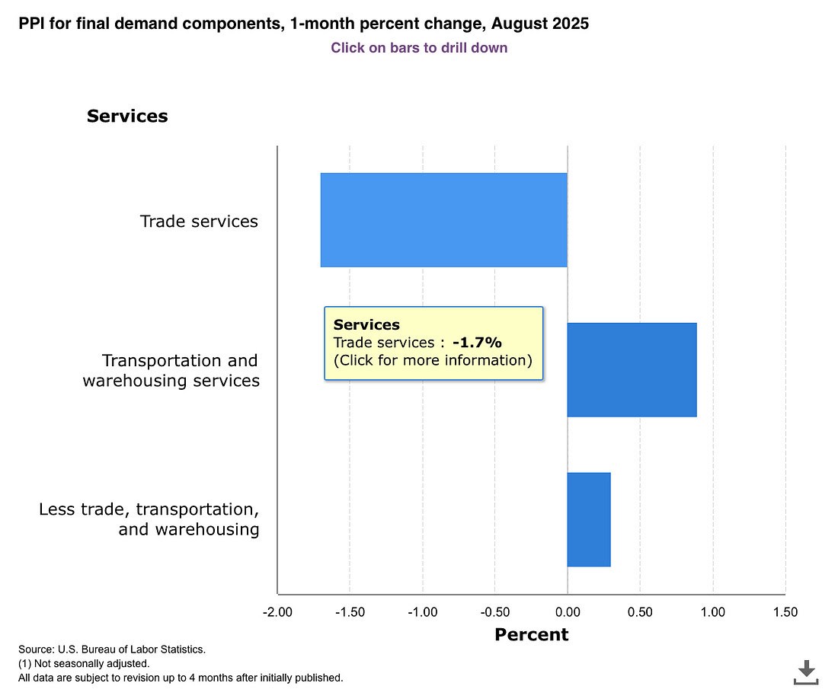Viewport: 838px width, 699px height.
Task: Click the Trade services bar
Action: click(443, 220)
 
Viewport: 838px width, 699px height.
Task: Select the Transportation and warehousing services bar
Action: click(632, 370)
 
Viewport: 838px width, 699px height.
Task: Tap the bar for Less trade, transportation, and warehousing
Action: click(589, 519)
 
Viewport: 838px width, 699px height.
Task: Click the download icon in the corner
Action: click(805, 672)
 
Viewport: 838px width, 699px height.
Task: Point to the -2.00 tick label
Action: click(277, 612)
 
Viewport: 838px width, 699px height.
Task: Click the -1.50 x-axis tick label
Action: click(350, 612)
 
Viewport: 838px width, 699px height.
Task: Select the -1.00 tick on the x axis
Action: click(422, 612)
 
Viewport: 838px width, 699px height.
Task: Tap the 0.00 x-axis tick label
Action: click(568, 612)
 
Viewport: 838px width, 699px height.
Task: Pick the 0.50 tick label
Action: click(640, 612)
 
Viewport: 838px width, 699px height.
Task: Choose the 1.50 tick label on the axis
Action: click(785, 612)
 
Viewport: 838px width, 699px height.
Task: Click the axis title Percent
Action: click(532, 634)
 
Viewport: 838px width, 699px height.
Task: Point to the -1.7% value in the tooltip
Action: click(477, 343)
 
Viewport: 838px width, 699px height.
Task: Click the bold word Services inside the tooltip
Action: click(366, 325)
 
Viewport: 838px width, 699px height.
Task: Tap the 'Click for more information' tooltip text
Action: click(433, 360)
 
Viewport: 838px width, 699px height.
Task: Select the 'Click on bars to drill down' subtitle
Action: click(419, 48)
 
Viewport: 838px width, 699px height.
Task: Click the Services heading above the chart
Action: click(127, 116)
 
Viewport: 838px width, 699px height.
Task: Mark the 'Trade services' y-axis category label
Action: click(199, 222)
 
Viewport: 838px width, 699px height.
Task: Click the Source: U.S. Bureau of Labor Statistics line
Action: click(112, 650)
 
